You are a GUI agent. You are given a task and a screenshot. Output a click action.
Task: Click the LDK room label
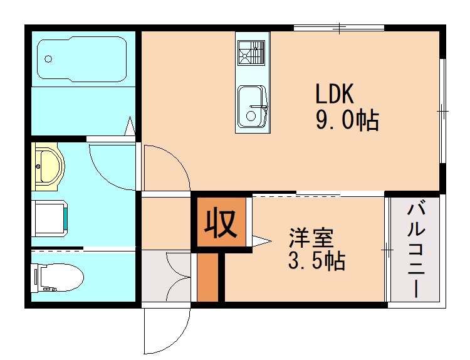[x=335, y=94]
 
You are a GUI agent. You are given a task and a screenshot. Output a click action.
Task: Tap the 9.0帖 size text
[x=346, y=120]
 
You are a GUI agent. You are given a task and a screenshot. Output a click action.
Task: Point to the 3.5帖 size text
[x=316, y=261]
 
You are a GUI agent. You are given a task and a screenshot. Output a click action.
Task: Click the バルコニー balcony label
[x=415, y=250]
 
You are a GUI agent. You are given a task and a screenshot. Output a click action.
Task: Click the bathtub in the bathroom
[x=82, y=59]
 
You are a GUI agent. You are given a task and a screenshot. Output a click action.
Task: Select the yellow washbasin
[x=47, y=167]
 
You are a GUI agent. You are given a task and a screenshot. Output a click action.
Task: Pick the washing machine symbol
[x=50, y=218]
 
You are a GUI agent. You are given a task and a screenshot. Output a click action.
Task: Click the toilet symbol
[x=56, y=277]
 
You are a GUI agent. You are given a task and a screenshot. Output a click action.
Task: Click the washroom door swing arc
[x=110, y=166]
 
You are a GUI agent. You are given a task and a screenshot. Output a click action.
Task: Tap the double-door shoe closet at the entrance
[x=166, y=276]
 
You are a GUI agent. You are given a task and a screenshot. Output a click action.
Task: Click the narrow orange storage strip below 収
[x=207, y=277]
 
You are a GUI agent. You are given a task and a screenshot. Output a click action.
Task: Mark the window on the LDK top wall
[x=338, y=28]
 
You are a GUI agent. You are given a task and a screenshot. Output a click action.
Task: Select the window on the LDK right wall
[x=442, y=110]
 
